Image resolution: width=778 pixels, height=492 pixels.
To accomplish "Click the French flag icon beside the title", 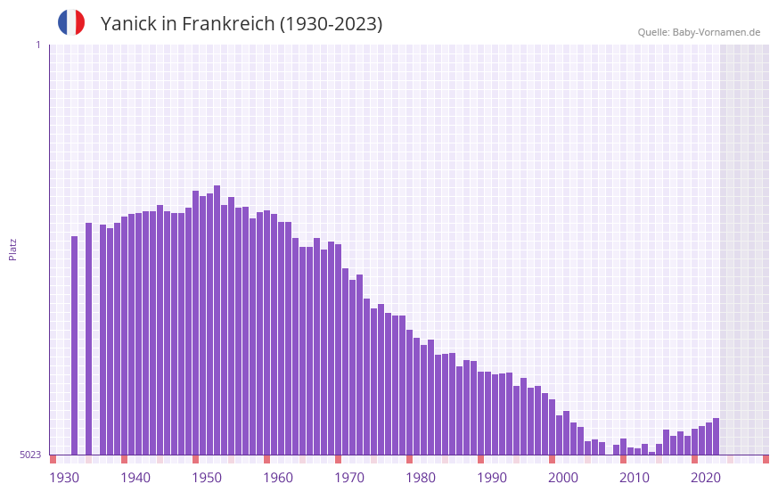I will pos(71,22).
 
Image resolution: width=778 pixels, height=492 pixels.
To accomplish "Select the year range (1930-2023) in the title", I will pos(332,24).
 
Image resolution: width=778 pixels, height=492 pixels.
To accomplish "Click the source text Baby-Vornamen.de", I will pos(717,32).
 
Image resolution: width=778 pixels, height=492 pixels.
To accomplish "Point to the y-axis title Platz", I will pos(12,249).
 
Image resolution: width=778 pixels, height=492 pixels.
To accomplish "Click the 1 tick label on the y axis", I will pos(37,45).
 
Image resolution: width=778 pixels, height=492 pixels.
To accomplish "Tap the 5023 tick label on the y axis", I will pos(30,455).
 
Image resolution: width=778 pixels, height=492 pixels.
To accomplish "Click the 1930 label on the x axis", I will pos(64,478).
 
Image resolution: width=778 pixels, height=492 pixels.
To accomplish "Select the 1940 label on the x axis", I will pos(135,478).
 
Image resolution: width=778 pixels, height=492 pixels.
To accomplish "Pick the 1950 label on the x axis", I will pos(207,478).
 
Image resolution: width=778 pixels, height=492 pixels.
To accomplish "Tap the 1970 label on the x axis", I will pos(349,478).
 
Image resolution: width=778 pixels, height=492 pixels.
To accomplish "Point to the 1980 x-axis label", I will pos(421,478).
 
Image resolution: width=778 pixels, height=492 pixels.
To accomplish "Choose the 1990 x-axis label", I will pos(492,478).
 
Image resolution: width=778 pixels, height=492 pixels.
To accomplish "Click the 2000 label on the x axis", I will pos(563,478).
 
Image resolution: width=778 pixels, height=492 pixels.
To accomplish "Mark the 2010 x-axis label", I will pos(635,478).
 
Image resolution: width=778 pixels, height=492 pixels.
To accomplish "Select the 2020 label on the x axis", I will pos(706,478).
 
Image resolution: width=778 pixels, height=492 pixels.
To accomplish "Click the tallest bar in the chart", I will pos(217,321).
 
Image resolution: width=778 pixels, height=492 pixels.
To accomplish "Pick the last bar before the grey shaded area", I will pos(716,437).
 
